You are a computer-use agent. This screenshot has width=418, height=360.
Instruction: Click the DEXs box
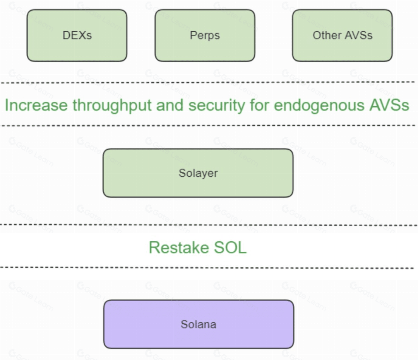pos(77,36)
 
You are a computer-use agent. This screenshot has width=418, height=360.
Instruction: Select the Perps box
pos(205,36)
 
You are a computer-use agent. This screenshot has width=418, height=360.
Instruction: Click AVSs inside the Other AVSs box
pos(358,35)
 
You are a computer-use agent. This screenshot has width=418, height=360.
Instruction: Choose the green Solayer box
pos(198,173)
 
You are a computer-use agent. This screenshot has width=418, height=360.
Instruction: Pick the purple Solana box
pos(199,324)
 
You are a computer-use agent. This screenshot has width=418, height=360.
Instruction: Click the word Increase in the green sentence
pos(36,105)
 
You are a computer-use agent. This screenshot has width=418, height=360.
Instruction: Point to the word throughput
pos(112,106)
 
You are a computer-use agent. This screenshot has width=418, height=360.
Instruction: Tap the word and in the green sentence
pos(170,105)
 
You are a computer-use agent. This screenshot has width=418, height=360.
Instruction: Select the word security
pos(216,106)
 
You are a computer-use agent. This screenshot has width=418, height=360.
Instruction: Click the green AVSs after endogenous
pos(389,105)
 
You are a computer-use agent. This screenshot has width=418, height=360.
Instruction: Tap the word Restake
pos(178,247)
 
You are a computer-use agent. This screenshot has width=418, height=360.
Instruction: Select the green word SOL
pos(230,247)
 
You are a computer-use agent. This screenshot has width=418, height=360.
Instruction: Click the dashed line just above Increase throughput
pos(207,82)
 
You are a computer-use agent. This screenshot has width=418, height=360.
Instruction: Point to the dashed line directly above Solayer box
pos(207,125)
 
